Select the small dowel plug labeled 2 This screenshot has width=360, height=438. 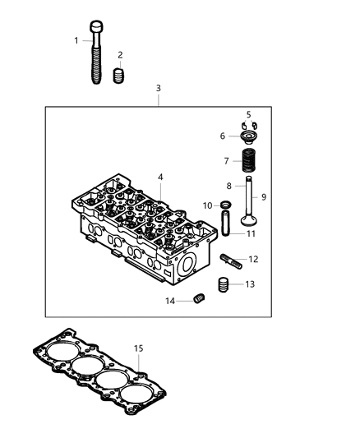pyautogui.click(x=118, y=77)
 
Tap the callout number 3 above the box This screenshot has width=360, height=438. pyautogui.click(x=159, y=88)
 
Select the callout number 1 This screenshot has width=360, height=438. pyautogui.click(x=76, y=40)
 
